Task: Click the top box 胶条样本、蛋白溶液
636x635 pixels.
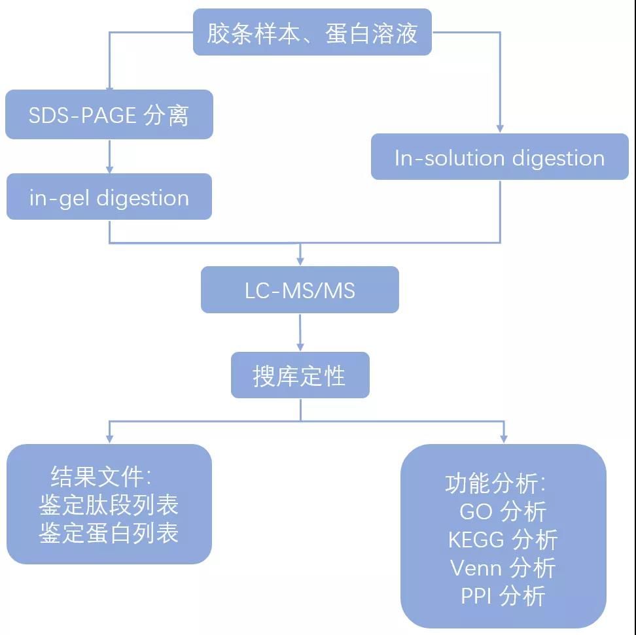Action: pos(312,32)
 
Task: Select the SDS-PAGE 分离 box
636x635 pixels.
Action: pos(109,115)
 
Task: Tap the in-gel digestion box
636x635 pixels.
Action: pos(109,197)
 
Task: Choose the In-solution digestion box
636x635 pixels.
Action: pos(499,158)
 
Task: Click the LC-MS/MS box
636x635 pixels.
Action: pos(300,290)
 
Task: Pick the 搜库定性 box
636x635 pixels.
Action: pos(300,375)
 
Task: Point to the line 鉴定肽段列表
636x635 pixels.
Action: pos(109,504)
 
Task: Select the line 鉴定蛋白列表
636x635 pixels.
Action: pos(109,532)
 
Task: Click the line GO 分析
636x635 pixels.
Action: pos(503,511)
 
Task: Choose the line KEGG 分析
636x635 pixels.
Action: pos(503,540)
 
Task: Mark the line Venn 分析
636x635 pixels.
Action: pos(503,568)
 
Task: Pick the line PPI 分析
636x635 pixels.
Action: pos(503,596)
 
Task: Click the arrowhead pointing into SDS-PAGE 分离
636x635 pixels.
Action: pos(109,86)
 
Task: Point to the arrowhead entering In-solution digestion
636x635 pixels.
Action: pos(500,129)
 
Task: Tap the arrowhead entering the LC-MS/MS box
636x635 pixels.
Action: pos(300,261)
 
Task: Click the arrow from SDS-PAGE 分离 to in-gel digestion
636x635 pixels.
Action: pos(109,156)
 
